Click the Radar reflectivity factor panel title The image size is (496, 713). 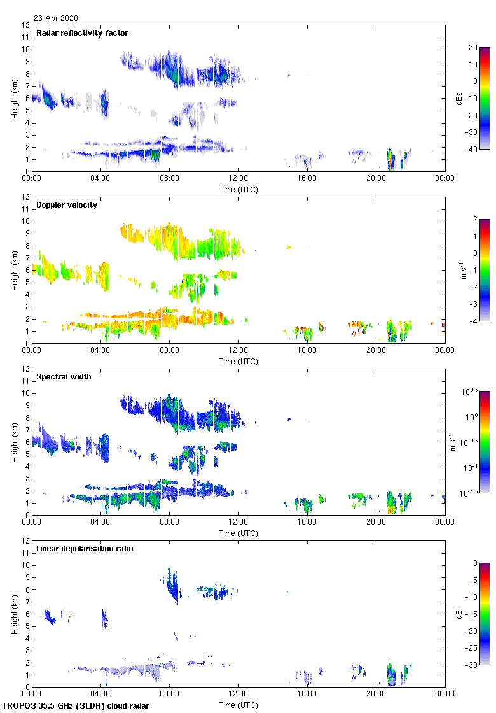tap(83, 33)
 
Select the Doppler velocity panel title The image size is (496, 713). tap(64, 205)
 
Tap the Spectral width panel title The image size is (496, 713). tap(64, 377)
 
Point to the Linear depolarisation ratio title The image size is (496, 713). tap(85, 549)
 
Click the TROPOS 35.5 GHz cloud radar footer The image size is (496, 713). tap(76, 706)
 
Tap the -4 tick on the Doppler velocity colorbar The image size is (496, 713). tap(474, 321)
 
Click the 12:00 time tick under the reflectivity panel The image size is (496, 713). tap(238, 179)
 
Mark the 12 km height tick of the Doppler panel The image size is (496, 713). tap(25, 197)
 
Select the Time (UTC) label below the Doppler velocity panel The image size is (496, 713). tap(238, 362)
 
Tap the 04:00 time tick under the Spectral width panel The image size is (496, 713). tap(100, 523)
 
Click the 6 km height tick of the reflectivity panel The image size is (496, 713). tap(27, 99)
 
